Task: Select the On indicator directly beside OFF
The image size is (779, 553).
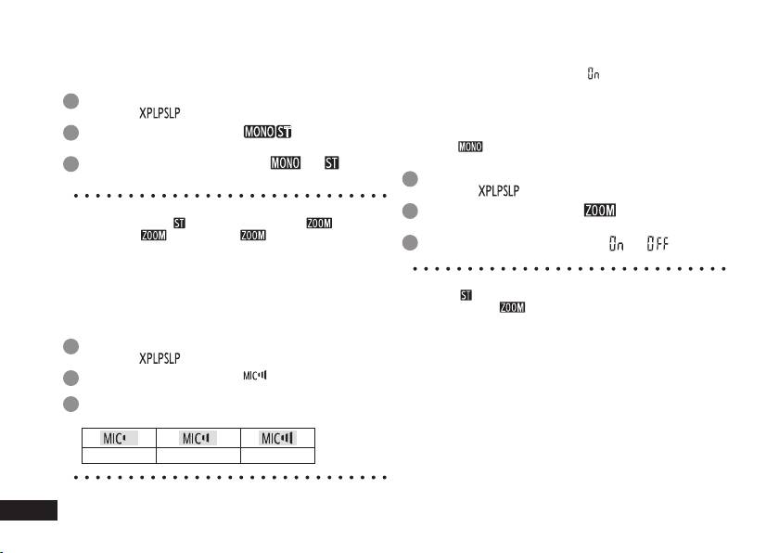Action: [616, 243]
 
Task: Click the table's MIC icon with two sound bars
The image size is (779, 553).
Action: [198, 438]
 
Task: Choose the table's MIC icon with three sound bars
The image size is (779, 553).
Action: [278, 438]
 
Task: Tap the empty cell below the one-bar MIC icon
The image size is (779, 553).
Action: [118, 455]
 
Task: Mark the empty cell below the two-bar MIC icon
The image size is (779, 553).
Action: [198, 455]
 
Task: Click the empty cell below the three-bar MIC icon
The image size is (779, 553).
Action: [278, 455]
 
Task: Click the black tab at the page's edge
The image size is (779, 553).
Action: [29, 510]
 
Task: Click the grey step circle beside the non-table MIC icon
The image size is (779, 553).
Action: [71, 377]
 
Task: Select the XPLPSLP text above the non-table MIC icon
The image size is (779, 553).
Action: [160, 358]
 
